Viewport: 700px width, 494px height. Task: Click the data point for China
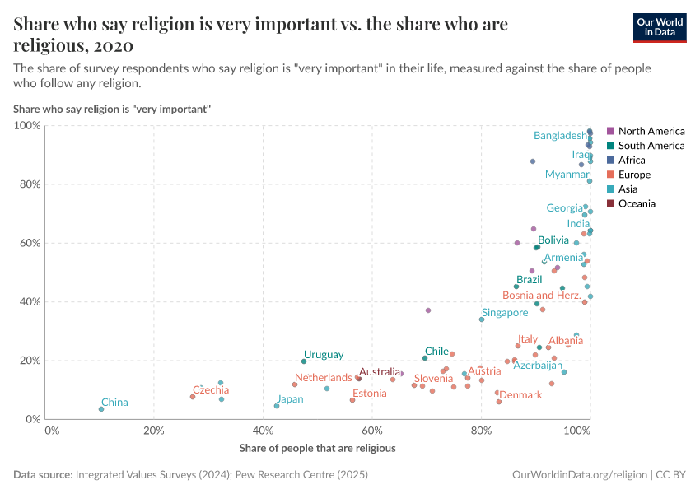pyautogui.click(x=101, y=409)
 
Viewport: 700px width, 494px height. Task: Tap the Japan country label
pyautogui.click(x=290, y=399)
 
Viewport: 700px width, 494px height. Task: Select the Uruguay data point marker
pyautogui.click(x=304, y=361)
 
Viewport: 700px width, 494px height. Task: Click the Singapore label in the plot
pyautogui.click(x=505, y=313)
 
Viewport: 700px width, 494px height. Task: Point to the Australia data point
pyautogui.click(x=359, y=379)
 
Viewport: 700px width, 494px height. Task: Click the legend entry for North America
pyautogui.click(x=651, y=131)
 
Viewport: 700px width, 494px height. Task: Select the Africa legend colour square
pyautogui.click(x=610, y=161)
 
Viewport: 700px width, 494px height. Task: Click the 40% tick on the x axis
pyautogui.click(x=263, y=431)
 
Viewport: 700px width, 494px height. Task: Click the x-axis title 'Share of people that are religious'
pyautogui.click(x=317, y=449)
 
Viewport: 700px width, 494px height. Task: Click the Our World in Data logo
pyautogui.click(x=660, y=26)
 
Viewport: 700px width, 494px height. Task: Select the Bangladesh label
pyautogui.click(x=560, y=136)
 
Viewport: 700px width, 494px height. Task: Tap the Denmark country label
pyautogui.click(x=520, y=395)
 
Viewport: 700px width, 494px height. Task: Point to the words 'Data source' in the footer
pyautogui.click(x=43, y=475)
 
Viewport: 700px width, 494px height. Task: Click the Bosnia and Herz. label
pyautogui.click(x=542, y=296)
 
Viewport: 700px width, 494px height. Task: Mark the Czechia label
pyautogui.click(x=211, y=390)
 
